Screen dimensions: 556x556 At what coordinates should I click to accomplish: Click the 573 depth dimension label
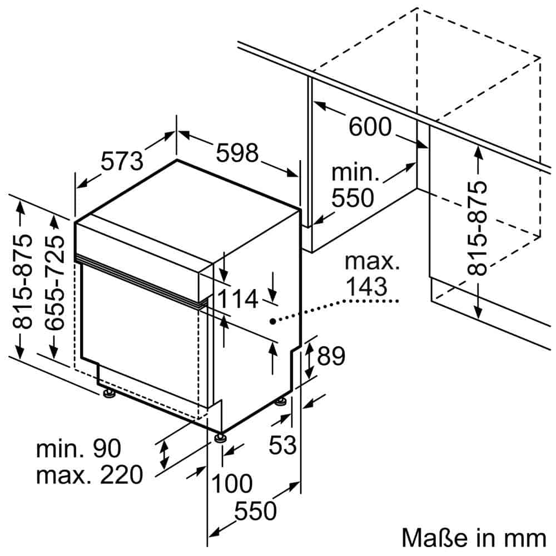click(x=122, y=161)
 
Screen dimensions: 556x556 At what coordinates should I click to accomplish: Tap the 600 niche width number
click(x=370, y=127)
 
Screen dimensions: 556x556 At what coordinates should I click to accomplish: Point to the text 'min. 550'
click(x=355, y=185)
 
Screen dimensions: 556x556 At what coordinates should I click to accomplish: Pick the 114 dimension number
click(x=237, y=299)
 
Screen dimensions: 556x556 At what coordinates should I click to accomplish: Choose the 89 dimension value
click(x=331, y=356)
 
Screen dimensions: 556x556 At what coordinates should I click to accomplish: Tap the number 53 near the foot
click(x=283, y=444)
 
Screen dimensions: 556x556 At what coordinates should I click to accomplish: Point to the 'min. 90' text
click(x=78, y=449)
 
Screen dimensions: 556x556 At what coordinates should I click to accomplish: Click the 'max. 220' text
click(x=90, y=475)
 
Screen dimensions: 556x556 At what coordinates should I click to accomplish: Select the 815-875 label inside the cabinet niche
click(x=477, y=228)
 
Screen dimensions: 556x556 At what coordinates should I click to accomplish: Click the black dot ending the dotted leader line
click(x=273, y=321)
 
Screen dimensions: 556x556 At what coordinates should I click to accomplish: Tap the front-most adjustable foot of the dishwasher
click(x=221, y=437)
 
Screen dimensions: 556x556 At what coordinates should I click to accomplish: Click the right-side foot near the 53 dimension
click(x=282, y=401)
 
